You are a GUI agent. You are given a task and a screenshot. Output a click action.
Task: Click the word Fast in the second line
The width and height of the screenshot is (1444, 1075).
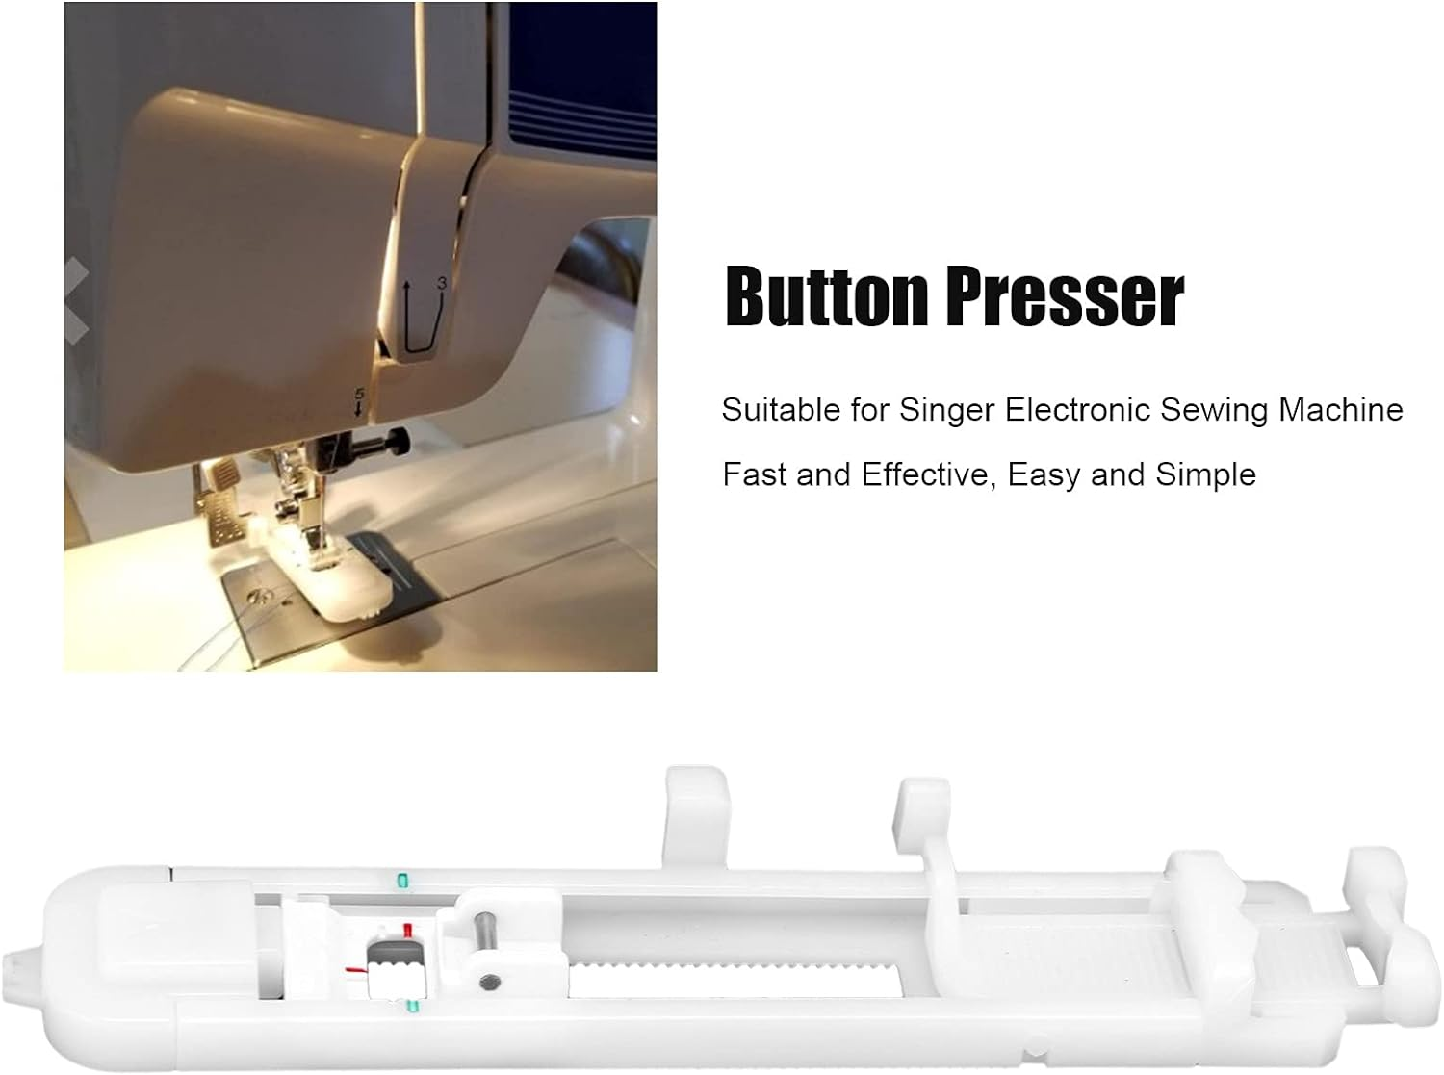(756, 474)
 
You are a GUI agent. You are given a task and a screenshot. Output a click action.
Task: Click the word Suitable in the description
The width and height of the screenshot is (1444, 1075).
(781, 410)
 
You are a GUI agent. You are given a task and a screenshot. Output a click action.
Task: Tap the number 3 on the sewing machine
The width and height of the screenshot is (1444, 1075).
(440, 284)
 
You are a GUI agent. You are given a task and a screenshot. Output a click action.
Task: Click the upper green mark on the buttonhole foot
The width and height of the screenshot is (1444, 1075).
(402, 880)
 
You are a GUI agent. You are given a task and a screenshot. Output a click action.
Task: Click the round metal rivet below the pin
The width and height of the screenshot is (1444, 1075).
(492, 983)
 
